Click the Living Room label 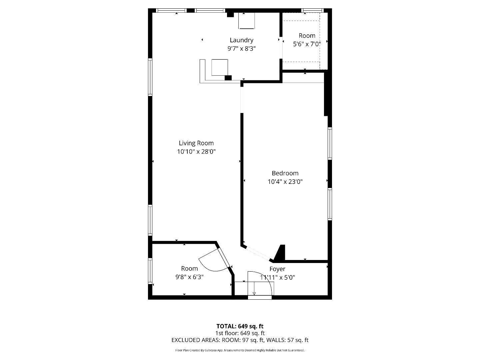[x=196, y=143]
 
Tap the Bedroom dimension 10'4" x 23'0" [x=285, y=182]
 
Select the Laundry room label [x=241, y=40]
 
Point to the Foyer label [x=277, y=269]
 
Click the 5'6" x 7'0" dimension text [x=307, y=44]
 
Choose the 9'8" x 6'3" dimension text [x=189, y=277]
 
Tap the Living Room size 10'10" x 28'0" [x=196, y=152]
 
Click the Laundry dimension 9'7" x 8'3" [x=241, y=49]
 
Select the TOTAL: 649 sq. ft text [x=240, y=326]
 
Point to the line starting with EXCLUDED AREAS [x=240, y=340]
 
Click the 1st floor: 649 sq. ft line [x=240, y=333]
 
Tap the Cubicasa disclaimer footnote [x=240, y=350]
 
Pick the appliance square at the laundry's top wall [x=247, y=21]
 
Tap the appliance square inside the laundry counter [x=220, y=67]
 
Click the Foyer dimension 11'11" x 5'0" [x=278, y=277]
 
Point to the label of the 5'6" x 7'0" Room [x=307, y=36]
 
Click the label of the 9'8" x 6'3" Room [x=189, y=268]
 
